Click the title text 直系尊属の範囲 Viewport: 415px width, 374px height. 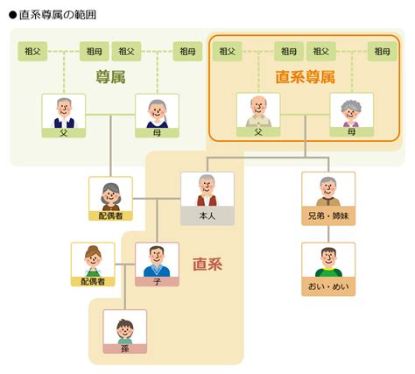(58, 15)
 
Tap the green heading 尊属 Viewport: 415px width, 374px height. (110, 77)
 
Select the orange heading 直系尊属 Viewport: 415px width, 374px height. (305, 77)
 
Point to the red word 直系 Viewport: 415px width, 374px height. (207, 265)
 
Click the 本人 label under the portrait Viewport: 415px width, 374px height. (207, 215)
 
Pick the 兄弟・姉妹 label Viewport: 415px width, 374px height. (328, 215)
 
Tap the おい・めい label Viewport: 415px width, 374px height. (328, 286)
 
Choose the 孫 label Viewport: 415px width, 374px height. (125, 349)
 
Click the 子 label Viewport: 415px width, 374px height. (157, 281)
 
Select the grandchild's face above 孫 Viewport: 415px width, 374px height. (125, 330)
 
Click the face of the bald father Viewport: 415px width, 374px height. (258, 106)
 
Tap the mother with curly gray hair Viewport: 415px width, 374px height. (351, 113)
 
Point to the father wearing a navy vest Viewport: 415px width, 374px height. (64, 113)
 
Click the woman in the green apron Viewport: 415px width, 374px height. (93, 262)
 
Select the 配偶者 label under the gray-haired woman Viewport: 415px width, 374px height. (110, 215)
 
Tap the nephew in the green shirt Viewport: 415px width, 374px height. (328, 262)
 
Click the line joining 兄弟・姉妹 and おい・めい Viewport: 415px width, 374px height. (328, 234)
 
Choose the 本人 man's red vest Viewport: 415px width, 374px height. (207, 201)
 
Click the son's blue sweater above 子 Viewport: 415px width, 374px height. (157, 271)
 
